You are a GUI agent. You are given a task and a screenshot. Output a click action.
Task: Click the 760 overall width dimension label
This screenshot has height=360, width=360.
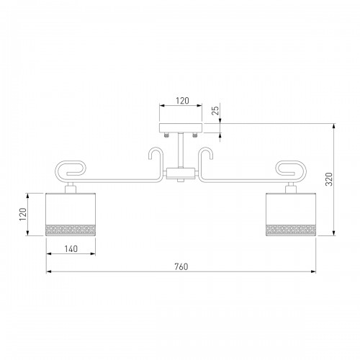pyautogui.click(x=181, y=266)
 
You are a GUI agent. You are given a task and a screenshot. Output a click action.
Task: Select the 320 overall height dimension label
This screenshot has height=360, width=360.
pyautogui.click(x=329, y=179)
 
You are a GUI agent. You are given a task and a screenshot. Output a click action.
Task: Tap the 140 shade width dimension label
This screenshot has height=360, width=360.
pyautogui.click(x=71, y=249)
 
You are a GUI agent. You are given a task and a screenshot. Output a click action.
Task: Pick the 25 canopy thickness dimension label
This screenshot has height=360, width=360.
pyautogui.click(x=216, y=111)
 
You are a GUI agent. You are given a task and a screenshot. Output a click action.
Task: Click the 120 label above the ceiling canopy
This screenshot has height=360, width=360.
pyautogui.click(x=182, y=101)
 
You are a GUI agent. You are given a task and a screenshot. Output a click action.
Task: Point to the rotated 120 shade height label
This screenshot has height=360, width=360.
pyautogui.click(x=23, y=215)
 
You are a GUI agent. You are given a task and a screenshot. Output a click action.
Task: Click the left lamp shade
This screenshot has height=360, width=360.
pyautogui.click(x=71, y=215)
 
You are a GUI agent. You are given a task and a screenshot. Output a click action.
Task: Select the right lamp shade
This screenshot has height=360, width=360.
pyautogui.click(x=291, y=215)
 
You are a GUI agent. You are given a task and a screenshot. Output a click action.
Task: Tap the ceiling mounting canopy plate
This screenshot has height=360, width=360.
pyautogui.click(x=181, y=128)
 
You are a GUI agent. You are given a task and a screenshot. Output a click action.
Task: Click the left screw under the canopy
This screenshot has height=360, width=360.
pyautogui.click(x=166, y=135)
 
